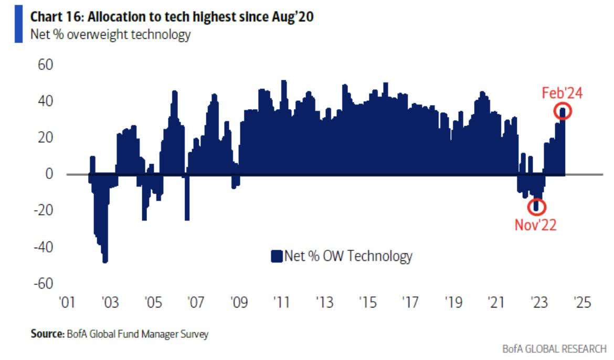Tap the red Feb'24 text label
[x=562, y=93]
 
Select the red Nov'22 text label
[x=535, y=225]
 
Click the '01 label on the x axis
[x=67, y=303]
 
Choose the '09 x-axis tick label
[x=239, y=303]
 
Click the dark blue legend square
[x=277, y=257]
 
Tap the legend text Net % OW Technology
[x=348, y=257]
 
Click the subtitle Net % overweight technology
[x=110, y=36]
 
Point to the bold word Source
[x=46, y=334]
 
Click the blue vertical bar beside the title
[x=19, y=25]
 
